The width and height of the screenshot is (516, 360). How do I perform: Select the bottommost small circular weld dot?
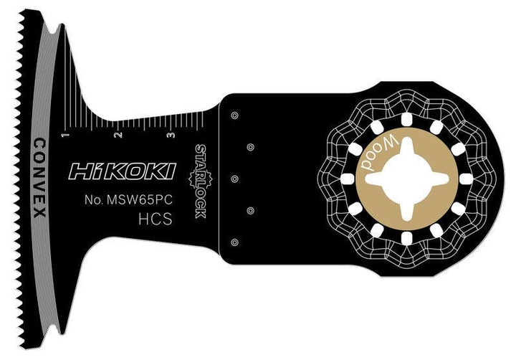coord(234,241)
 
